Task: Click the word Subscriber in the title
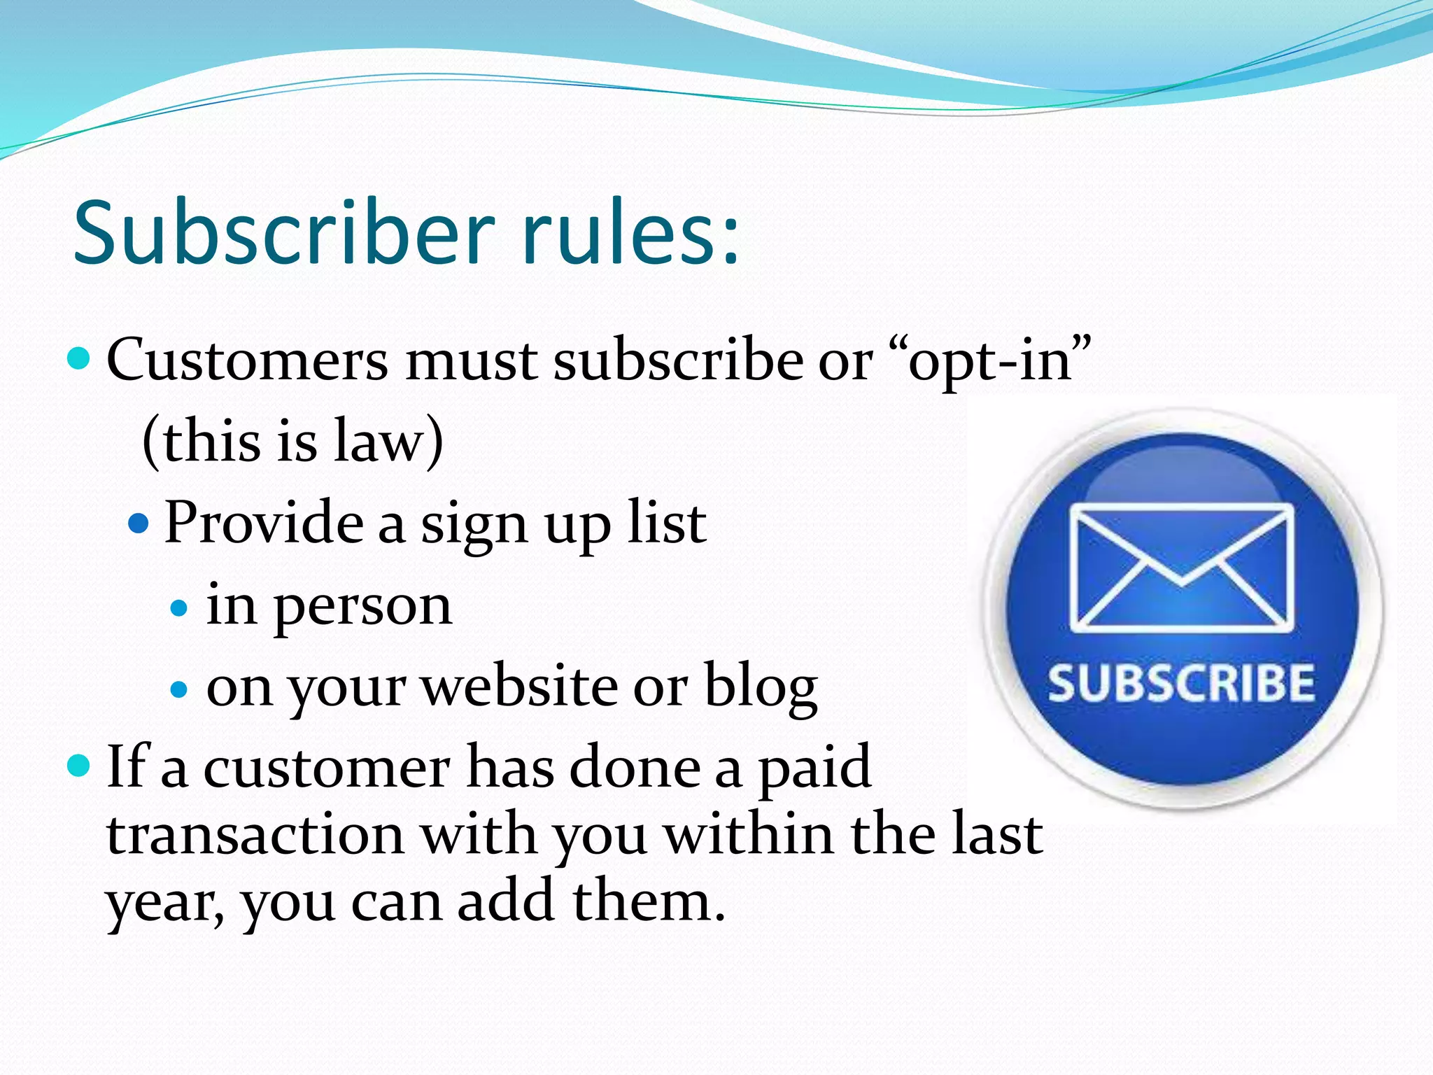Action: (283, 232)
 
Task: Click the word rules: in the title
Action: (629, 232)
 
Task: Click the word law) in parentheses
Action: (388, 441)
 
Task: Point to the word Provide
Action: (264, 523)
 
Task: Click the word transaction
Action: (255, 835)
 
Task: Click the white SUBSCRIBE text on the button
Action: (1180, 684)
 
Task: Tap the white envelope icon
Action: (1182, 567)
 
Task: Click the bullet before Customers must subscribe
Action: (79, 359)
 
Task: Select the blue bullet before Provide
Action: (139, 523)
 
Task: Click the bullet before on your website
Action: (180, 689)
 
